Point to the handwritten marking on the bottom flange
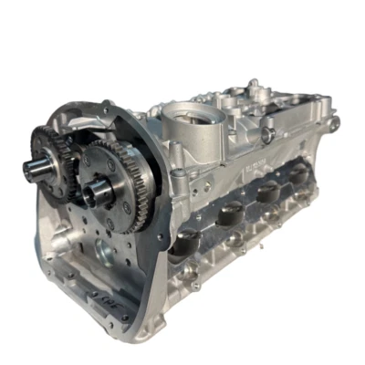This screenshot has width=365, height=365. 99,297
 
